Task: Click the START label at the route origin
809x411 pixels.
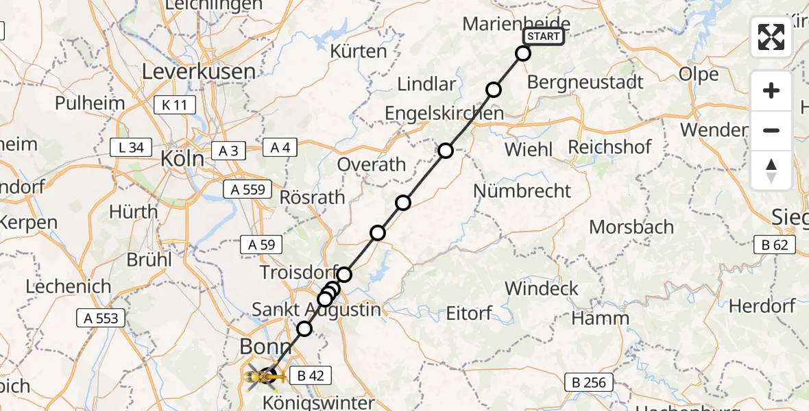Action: coord(544,36)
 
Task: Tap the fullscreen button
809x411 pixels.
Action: coord(771,37)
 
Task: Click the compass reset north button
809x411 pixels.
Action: coord(771,171)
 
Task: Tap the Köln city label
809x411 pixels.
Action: coord(182,159)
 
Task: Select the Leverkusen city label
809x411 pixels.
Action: coord(199,71)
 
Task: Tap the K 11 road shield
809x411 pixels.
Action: coord(175,105)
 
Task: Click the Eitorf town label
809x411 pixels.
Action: coord(469,314)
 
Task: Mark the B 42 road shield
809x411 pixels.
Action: coord(311,375)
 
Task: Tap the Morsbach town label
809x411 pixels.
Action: coord(631,227)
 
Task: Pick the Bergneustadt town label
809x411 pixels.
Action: coord(585,82)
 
